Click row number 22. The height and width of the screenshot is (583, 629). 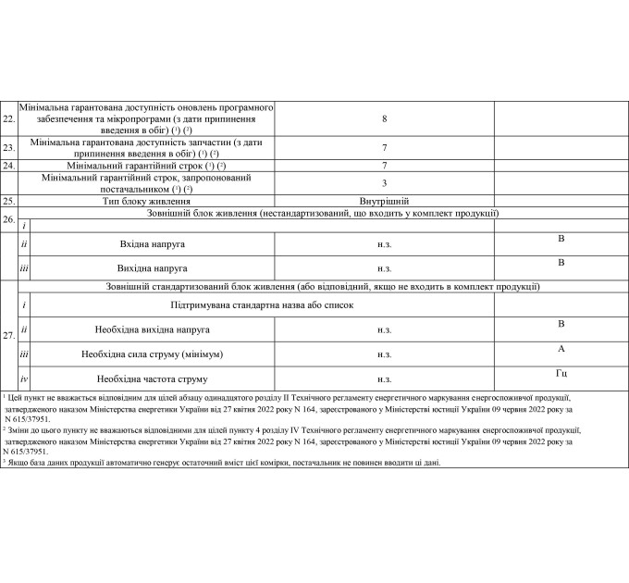8,120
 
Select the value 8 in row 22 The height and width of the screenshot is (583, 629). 384,119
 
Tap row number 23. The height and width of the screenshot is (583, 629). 8,147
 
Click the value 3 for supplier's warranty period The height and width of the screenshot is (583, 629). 384,183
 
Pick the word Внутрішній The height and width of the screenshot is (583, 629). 384,200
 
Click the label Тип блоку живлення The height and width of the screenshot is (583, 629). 147,200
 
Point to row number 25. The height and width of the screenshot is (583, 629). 8,200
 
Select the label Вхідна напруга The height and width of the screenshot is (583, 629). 147,243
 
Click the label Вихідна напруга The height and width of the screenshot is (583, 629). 147,268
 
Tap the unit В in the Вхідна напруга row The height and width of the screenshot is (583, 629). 561,239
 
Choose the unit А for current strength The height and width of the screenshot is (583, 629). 561,349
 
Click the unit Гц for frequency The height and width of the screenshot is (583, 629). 561,373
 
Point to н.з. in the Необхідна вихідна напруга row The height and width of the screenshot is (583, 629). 384,329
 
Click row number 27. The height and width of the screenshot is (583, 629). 8,335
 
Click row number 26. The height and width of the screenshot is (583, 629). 8,219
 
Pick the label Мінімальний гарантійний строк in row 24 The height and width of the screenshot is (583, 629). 147,166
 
